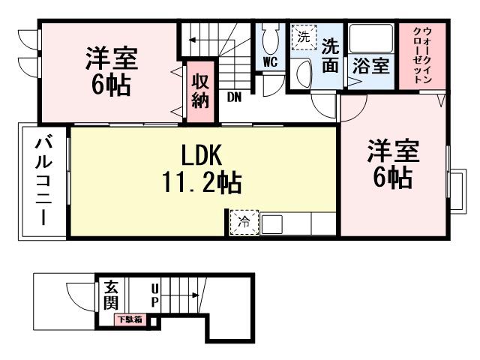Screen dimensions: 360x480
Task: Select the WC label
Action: (x=270, y=62)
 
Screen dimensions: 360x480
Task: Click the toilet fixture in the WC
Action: (x=271, y=39)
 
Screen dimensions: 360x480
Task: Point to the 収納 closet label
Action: (x=199, y=89)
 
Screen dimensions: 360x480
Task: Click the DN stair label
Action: (x=234, y=96)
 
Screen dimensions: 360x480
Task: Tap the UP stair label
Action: (x=154, y=295)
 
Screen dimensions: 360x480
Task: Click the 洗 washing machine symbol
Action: (x=304, y=37)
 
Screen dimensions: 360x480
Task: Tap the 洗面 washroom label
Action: (x=330, y=53)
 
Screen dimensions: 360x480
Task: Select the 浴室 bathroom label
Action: (x=370, y=64)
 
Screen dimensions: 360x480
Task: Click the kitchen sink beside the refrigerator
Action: (x=271, y=223)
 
